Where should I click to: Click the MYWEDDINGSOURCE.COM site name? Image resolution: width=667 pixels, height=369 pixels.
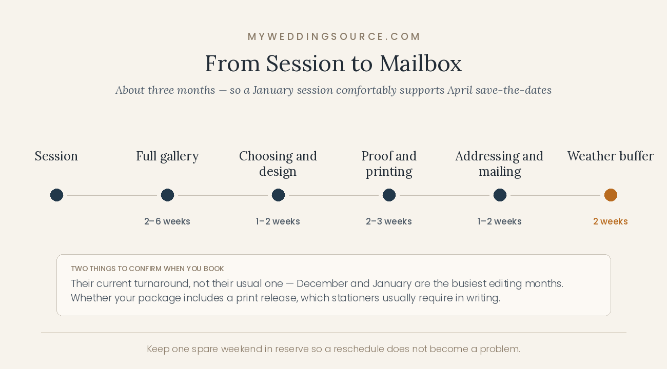[x=333, y=36]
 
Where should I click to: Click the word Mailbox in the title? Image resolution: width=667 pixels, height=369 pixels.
[x=420, y=64]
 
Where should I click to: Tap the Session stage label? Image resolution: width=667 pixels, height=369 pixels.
[x=56, y=156]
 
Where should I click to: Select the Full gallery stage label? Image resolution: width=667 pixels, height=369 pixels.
[x=167, y=157]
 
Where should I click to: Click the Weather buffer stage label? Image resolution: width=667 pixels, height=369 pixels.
[x=611, y=156]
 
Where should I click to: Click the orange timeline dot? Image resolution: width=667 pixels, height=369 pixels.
[x=611, y=195]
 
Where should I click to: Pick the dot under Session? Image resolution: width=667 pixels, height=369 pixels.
[x=56, y=195]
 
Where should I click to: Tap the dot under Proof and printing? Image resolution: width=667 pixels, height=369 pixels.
[x=389, y=195]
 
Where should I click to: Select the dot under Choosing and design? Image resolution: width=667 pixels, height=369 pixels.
[x=278, y=195]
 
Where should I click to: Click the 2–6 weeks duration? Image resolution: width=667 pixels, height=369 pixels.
[x=167, y=221]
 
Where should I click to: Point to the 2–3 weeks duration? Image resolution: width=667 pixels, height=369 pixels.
[x=388, y=221]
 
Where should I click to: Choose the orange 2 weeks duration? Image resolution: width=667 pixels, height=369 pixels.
[x=611, y=221]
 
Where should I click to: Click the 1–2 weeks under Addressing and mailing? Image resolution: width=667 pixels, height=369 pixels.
[x=499, y=221]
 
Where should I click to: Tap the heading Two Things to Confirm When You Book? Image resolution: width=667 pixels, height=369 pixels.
[x=147, y=269]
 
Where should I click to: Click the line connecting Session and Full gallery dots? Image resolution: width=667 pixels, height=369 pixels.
[x=112, y=195]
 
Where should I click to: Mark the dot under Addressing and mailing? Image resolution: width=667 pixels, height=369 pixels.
[x=500, y=195]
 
